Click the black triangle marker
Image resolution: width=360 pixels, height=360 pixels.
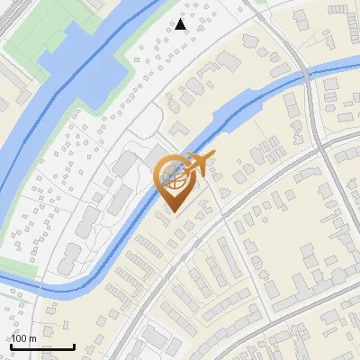[181, 24]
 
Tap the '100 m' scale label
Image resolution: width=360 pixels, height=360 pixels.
[24, 338]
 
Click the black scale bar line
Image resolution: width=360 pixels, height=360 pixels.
[42, 346]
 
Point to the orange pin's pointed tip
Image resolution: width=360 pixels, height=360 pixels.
[171, 212]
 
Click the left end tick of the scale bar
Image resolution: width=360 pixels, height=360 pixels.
[11, 345]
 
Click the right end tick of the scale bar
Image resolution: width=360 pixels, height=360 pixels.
[74, 345]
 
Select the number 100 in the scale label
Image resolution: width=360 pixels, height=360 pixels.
[20, 338]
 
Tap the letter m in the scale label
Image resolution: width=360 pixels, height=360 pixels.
[33, 338]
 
